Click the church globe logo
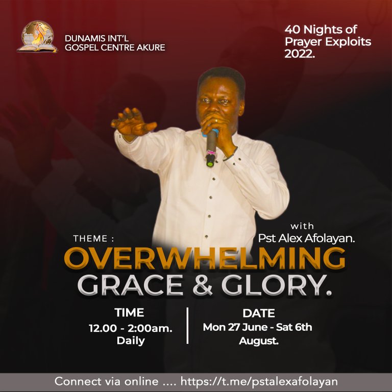pyautogui.click(x=37, y=37)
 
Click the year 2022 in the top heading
pyautogui.click(x=299, y=54)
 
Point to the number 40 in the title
pyautogui.click(x=293, y=30)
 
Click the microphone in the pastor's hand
pyautogui.click(x=211, y=148)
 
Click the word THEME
pyautogui.click(x=90, y=238)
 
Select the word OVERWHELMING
pyautogui.click(x=205, y=258)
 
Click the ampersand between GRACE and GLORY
pyautogui.click(x=203, y=285)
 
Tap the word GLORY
pyautogui.click(x=276, y=285)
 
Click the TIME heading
pyautogui.click(x=129, y=312)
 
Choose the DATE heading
pyautogui.click(x=259, y=313)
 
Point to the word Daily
pyautogui.click(x=131, y=341)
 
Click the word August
pyautogui.click(x=259, y=341)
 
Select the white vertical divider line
pyautogui.click(x=187, y=326)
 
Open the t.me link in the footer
pyautogui.click(x=259, y=381)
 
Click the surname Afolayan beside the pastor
pyautogui.click(x=330, y=238)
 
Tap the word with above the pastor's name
pyautogui.click(x=302, y=226)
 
